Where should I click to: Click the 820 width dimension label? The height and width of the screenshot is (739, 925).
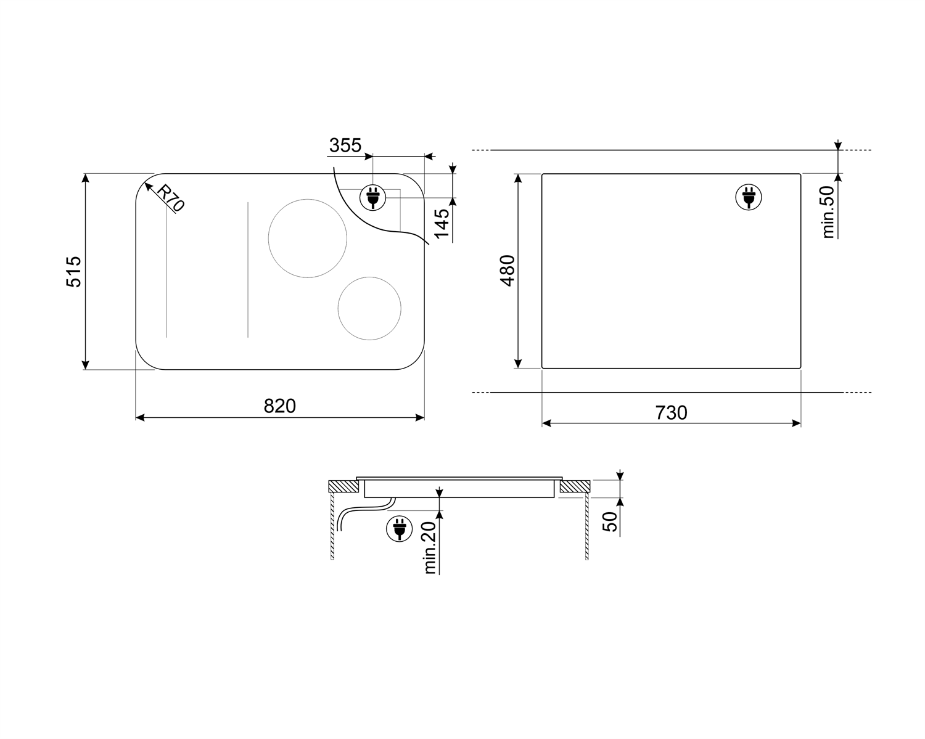tap(279, 406)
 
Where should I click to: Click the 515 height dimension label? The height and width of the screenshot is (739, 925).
tap(73, 272)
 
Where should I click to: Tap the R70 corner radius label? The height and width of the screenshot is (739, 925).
tap(170, 198)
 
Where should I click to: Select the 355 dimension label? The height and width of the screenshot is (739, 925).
tap(345, 145)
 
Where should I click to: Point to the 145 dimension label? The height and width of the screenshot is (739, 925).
tap(442, 223)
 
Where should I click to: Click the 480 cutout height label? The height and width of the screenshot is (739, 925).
tap(507, 271)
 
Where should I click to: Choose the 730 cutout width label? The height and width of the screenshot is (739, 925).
tap(671, 413)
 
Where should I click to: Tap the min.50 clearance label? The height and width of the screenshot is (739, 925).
tap(828, 212)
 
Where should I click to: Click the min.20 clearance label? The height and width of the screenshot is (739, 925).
tap(430, 548)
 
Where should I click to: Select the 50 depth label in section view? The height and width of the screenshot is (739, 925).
tap(609, 521)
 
